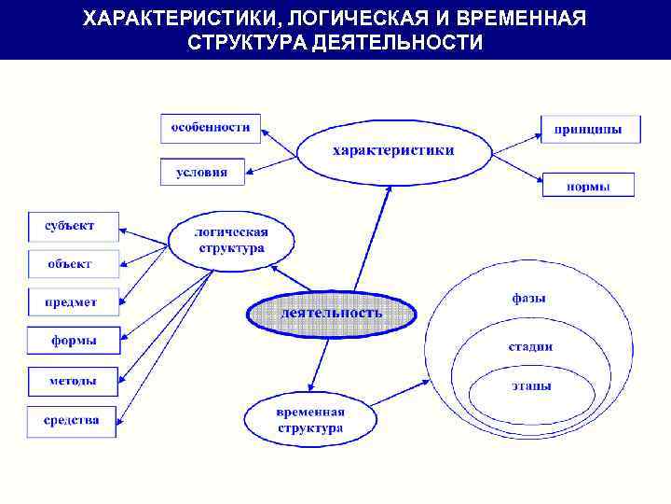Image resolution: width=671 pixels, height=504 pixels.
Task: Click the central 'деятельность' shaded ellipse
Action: click(x=331, y=314)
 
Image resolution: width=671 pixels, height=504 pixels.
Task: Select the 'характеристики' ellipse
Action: click(x=393, y=150)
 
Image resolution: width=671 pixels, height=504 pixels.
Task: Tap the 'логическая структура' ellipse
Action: click(x=231, y=241)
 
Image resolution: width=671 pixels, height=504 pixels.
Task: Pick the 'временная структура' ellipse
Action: click(x=310, y=421)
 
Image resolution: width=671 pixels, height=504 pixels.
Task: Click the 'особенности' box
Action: click(x=211, y=128)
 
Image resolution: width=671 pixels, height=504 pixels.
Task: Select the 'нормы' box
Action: click(x=588, y=186)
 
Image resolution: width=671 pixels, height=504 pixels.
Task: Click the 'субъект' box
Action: click(x=74, y=225)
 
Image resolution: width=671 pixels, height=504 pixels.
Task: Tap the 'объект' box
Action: click(x=74, y=264)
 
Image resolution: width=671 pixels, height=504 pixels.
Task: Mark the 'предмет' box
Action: click(x=74, y=302)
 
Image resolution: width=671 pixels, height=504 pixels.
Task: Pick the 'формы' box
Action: click(x=74, y=342)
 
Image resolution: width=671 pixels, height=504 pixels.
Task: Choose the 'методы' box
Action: click(x=74, y=381)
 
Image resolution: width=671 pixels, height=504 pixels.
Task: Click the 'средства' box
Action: click(x=74, y=421)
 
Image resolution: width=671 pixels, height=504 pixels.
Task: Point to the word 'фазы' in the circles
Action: click(x=528, y=299)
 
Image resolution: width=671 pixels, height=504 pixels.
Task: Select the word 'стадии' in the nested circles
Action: click(x=529, y=346)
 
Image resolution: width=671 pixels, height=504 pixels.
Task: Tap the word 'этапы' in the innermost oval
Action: click(x=530, y=385)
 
